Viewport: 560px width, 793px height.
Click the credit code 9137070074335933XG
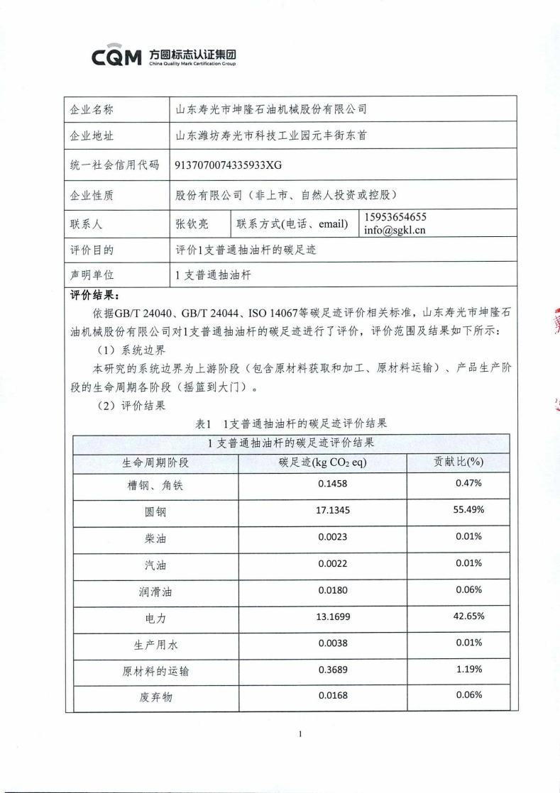pos(228,165)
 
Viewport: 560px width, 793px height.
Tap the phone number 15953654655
pos(395,217)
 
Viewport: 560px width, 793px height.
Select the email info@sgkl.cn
pos(395,230)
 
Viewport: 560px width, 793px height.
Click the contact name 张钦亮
pos(192,223)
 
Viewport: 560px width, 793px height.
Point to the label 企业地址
pos(92,136)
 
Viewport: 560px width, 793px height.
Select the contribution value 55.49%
pos(468,510)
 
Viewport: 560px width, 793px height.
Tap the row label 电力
pos(155,618)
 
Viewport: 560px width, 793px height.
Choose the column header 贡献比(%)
pos(458,462)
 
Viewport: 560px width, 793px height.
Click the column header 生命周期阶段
pos(155,462)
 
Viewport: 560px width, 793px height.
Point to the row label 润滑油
pos(155,591)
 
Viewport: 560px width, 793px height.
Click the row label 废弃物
pos(155,697)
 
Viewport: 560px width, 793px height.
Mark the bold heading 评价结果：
pos(95,295)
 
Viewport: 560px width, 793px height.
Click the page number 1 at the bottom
pos(300,734)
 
